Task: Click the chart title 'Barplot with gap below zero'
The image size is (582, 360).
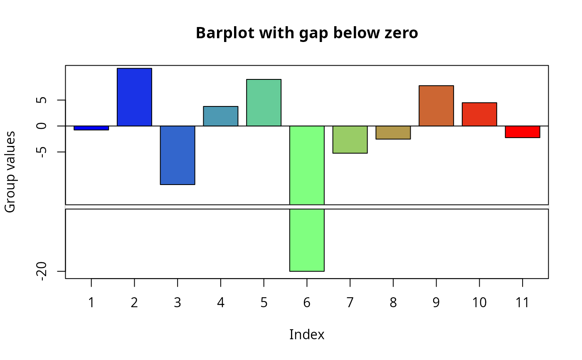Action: [x=307, y=33]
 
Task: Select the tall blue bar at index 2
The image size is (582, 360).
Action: [x=134, y=97]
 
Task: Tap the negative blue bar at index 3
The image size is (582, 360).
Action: [x=178, y=155]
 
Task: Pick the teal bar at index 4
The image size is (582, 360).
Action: [x=221, y=116]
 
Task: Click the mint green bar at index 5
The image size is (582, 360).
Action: [x=264, y=103]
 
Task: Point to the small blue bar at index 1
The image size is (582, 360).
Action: [x=91, y=128]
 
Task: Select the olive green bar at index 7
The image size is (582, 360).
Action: [x=350, y=140]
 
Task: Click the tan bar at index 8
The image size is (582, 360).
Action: [x=393, y=133]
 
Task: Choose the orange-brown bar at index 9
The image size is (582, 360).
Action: [x=436, y=106]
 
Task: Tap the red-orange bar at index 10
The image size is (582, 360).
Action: [x=479, y=114]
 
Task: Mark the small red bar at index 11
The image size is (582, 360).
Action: [x=523, y=132]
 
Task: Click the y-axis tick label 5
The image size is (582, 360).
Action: [x=41, y=100]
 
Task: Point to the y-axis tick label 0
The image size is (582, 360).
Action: [x=41, y=126]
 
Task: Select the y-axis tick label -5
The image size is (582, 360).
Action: [x=41, y=152]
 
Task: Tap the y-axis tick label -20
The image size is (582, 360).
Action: [x=41, y=271]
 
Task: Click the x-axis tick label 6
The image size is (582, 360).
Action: [x=307, y=303]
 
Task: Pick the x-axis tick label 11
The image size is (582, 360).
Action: [x=523, y=303]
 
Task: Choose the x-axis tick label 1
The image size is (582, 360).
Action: [x=91, y=303]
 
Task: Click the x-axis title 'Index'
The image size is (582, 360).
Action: [x=307, y=335]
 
